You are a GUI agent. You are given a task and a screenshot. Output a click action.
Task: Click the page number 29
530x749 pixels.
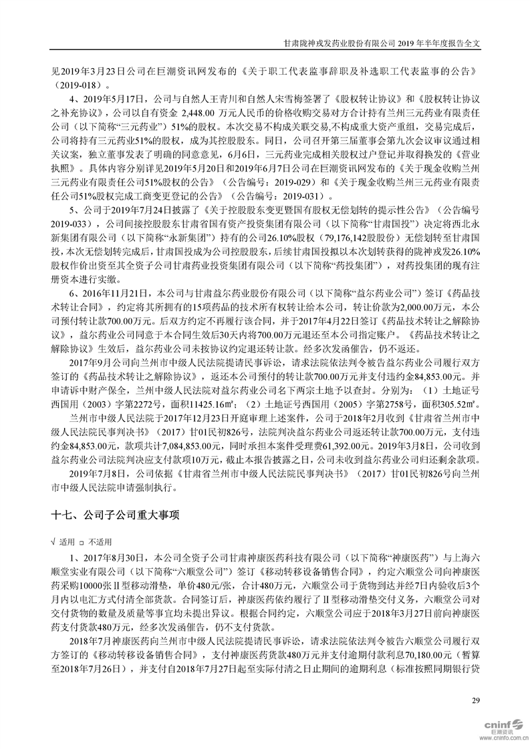pos(475,700)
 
